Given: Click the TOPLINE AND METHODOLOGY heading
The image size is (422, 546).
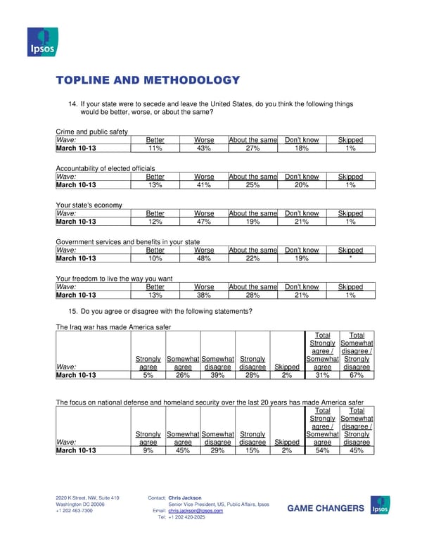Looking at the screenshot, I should [x=148, y=80].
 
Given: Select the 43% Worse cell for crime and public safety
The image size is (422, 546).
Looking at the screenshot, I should [x=204, y=148].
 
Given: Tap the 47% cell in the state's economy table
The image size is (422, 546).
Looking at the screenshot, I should [x=204, y=222].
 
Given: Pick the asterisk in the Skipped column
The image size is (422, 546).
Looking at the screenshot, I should [x=350, y=258].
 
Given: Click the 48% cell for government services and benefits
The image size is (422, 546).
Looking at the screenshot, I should [x=204, y=258].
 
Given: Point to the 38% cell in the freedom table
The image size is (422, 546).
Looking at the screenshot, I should [x=204, y=296].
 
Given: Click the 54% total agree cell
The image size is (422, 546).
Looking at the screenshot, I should [x=322, y=450].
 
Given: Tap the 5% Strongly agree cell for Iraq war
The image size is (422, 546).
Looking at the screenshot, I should [x=148, y=375].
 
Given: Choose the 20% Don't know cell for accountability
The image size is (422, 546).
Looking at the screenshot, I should [x=302, y=185].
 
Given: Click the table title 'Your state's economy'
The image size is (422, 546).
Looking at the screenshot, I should [x=89, y=205].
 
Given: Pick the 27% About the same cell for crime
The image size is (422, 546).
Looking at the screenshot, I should [x=252, y=148].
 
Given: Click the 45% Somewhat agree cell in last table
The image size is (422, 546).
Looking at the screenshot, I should [x=183, y=450].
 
